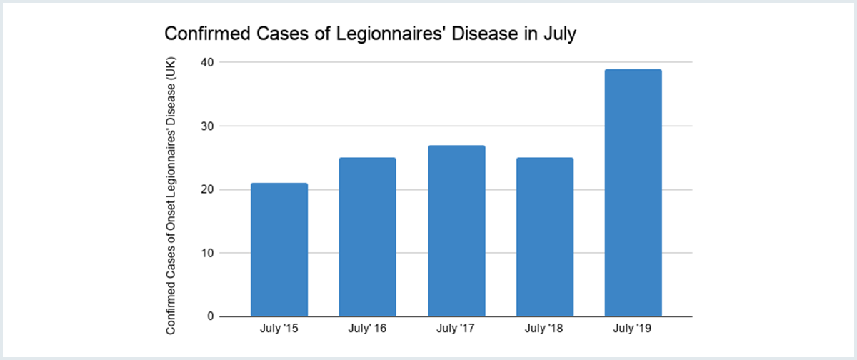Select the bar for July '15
(279, 250)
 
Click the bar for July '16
(368, 237)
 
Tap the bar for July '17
(456, 231)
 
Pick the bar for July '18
(545, 237)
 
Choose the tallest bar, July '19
(633, 193)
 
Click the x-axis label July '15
(279, 329)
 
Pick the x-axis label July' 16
(368, 329)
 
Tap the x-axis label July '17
(456, 329)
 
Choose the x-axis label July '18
(545, 329)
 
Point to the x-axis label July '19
(633, 329)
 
